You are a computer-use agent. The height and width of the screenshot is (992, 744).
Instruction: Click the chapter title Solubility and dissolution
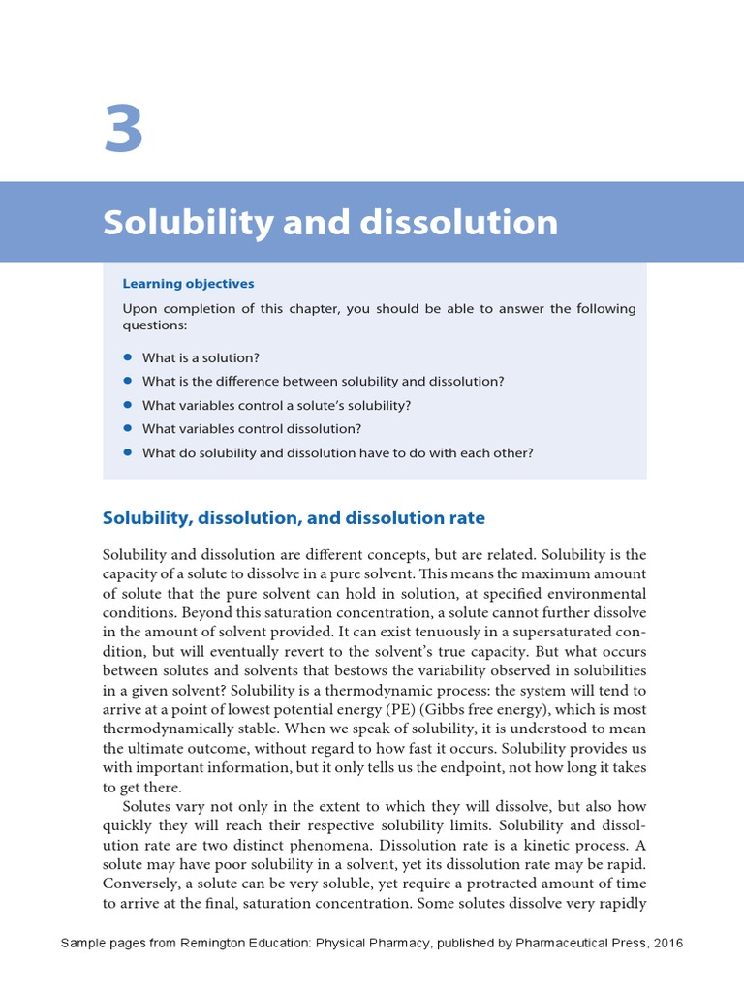[330, 223]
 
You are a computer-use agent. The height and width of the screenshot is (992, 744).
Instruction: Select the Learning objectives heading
[188, 284]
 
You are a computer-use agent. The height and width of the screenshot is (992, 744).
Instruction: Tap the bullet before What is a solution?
[127, 357]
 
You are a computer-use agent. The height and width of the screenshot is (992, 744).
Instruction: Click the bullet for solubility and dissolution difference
[127, 381]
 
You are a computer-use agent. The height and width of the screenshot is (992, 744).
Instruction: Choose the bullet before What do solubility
[127, 452]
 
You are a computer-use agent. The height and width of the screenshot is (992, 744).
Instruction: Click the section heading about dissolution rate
[294, 518]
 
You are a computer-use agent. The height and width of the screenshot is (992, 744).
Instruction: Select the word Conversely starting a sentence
[143, 884]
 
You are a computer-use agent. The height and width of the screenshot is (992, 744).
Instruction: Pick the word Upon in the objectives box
[139, 309]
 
